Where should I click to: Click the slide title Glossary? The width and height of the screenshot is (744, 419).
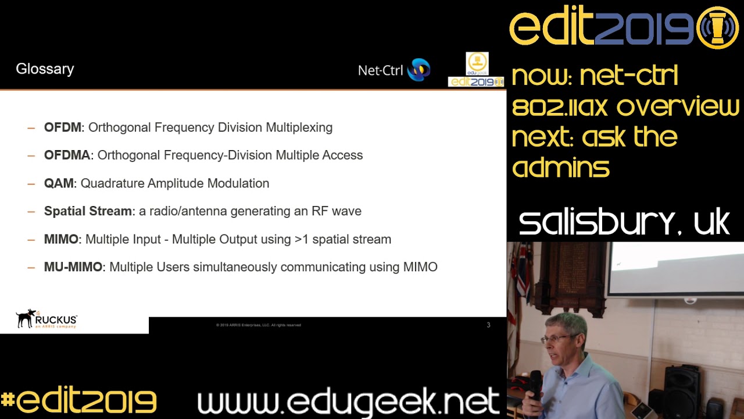[x=45, y=69]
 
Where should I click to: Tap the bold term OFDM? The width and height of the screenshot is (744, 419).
[x=63, y=127]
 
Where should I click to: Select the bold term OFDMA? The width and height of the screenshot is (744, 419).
[x=67, y=155]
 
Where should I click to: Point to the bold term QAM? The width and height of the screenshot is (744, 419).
[x=59, y=183]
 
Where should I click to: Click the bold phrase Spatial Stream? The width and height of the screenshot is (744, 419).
[x=88, y=211]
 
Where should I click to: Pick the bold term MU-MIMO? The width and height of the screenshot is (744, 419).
[x=73, y=267]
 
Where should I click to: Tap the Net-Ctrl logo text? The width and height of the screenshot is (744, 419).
[x=380, y=70]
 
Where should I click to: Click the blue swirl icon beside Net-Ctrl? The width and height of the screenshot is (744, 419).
[x=419, y=70]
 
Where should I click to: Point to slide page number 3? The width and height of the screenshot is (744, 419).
[x=488, y=325]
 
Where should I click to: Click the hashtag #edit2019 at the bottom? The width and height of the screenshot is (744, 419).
[x=78, y=402]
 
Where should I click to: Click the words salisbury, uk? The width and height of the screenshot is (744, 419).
[x=624, y=223]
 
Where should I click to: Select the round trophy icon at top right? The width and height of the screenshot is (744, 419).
[x=717, y=27]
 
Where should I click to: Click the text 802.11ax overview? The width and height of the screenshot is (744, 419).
[x=625, y=107]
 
